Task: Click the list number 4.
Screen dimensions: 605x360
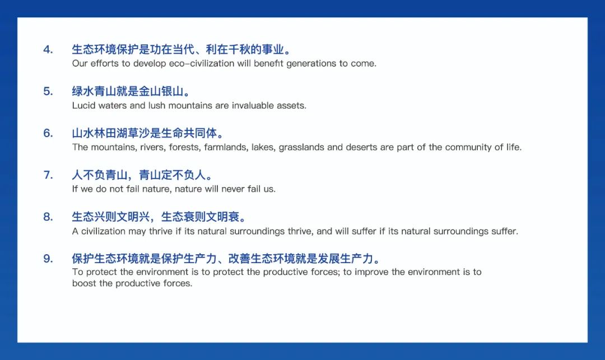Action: click(x=48, y=49)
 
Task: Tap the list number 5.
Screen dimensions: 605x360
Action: click(x=48, y=91)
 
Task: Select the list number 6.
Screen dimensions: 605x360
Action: click(x=48, y=133)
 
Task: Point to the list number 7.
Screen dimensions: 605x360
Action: click(x=48, y=175)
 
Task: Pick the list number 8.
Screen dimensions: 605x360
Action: click(x=48, y=217)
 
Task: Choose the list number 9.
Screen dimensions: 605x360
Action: click(x=48, y=259)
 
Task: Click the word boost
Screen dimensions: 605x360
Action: click(x=83, y=283)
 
